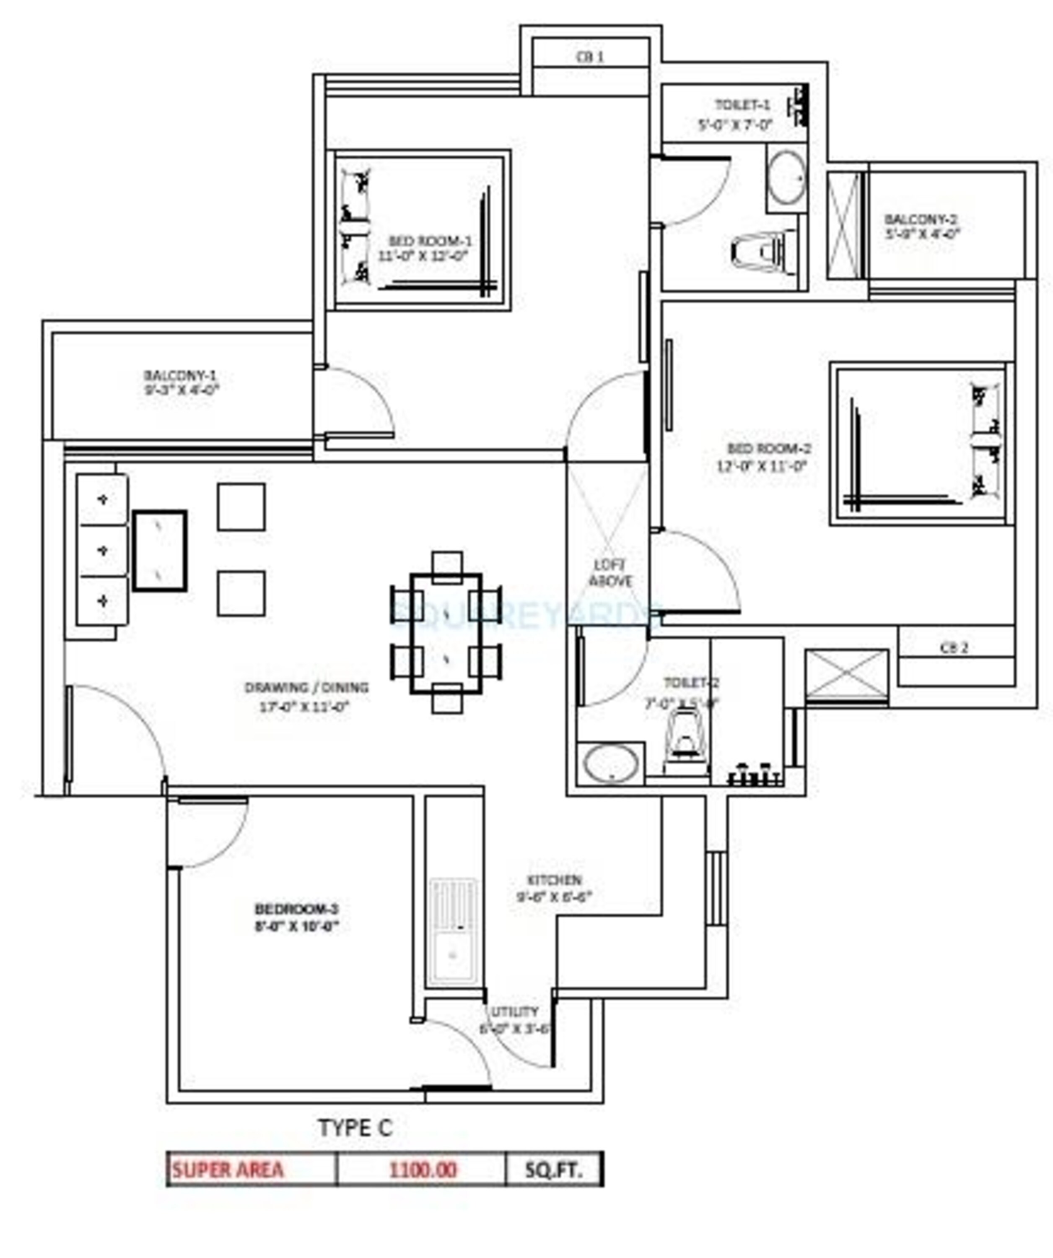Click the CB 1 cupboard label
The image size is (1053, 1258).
(589, 57)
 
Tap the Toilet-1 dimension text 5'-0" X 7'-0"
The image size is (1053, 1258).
(735, 125)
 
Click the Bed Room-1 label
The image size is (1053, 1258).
(430, 241)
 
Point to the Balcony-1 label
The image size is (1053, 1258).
(180, 376)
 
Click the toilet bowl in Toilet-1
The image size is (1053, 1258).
(758, 250)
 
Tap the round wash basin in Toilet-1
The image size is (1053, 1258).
(786, 178)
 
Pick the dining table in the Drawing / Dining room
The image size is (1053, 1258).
(446, 633)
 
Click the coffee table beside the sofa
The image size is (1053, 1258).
(159, 551)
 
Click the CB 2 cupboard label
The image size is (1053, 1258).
(954, 647)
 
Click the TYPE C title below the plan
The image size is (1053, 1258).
(355, 1128)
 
